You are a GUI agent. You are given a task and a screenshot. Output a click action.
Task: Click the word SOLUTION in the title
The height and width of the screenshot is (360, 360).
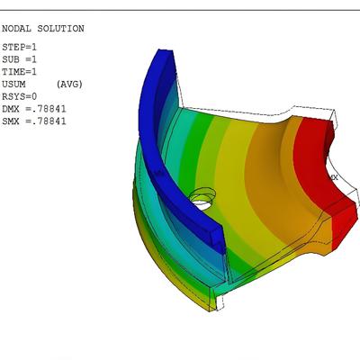click(x=58, y=29)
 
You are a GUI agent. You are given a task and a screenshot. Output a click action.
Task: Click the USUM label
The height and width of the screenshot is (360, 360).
click(x=13, y=84)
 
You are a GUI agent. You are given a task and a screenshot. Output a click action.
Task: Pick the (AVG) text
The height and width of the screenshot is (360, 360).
click(x=69, y=84)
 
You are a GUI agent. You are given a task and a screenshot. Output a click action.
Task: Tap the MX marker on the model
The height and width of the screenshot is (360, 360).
click(x=334, y=177)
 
